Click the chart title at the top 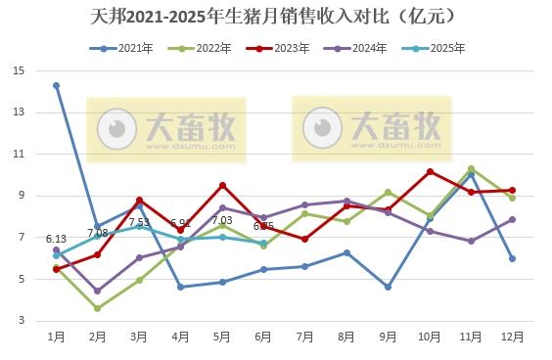click(x=277, y=17)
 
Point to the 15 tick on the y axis click(x=20, y=70)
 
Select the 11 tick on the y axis click(x=20, y=154)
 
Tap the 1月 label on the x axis click(x=57, y=337)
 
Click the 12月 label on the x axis click(x=512, y=337)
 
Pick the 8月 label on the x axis click(x=346, y=337)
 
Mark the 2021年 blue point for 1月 click(x=57, y=85)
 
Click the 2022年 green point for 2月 click(x=98, y=308)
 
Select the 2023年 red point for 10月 click(x=430, y=171)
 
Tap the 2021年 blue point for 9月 click(x=389, y=287)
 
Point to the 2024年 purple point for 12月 click(x=512, y=219)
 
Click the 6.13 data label click(x=56, y=239)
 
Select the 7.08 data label click(x=97, y=233)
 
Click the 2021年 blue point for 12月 click(x=512, y=258)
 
